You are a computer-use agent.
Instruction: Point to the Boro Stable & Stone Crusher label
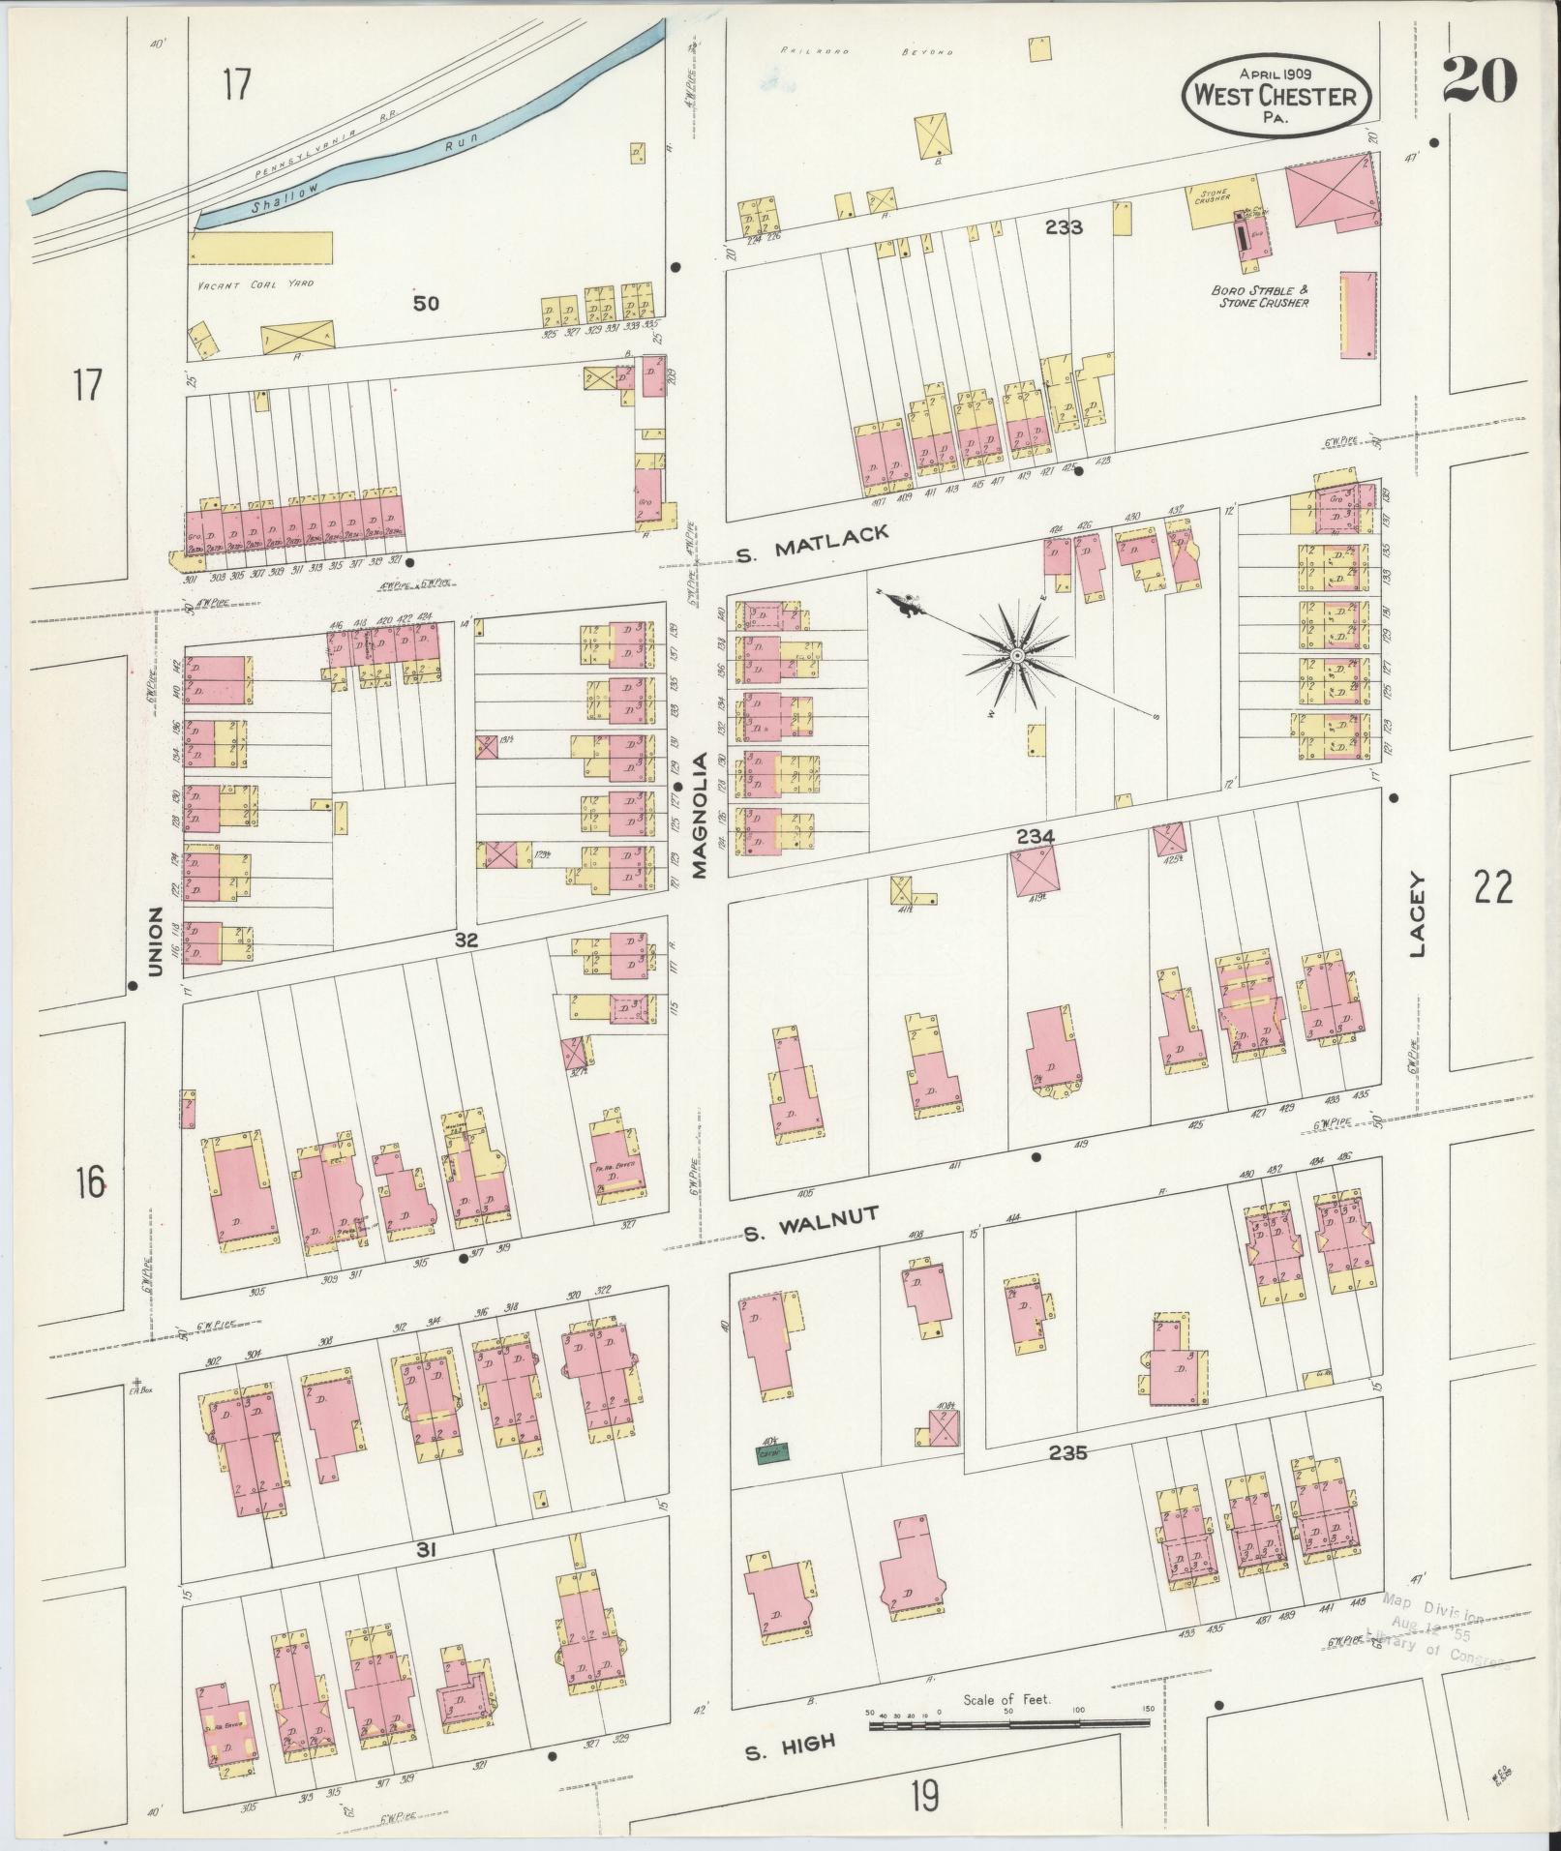[1259, 296]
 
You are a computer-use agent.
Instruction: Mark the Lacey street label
[1419, 914]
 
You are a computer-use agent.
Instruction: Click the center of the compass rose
[1017, 657]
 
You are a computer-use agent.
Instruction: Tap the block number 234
[1035, 835]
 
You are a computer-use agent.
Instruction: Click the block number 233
[1063, 228]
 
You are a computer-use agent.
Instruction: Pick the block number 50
[425, 303]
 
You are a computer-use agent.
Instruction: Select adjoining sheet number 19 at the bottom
[923, 1797]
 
